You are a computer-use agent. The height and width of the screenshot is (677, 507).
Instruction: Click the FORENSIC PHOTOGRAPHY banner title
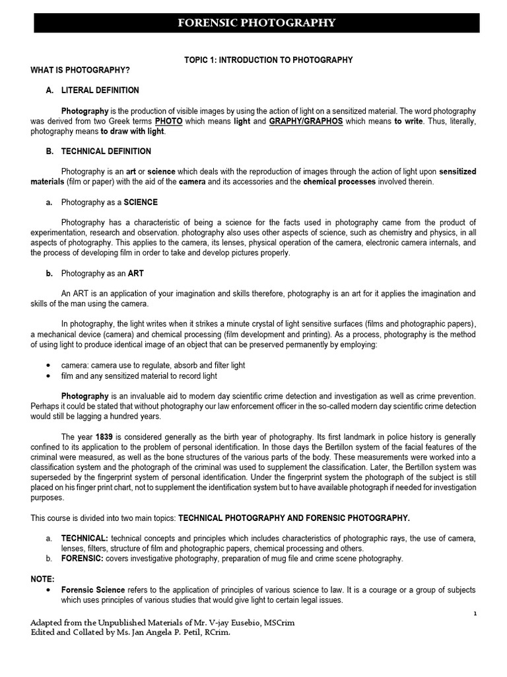257,23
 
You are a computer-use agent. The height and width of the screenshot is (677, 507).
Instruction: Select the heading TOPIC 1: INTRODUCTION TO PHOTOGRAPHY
268,60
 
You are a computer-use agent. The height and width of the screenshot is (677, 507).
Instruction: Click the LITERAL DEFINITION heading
100,91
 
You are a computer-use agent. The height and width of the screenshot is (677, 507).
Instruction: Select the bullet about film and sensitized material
139,376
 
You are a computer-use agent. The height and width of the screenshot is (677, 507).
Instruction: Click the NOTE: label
43,578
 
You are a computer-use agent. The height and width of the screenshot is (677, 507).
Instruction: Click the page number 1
475,614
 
